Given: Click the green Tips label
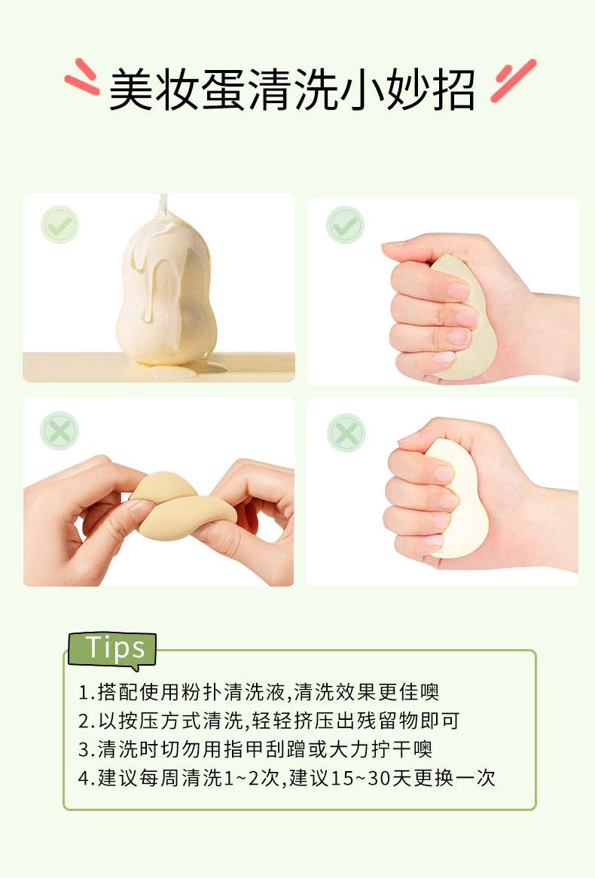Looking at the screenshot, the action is coord(112,650).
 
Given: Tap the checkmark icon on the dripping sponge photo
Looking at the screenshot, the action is coord(59,224).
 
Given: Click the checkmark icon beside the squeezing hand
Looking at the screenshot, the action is coord(344,224).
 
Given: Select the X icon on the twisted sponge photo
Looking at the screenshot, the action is coord(59,431).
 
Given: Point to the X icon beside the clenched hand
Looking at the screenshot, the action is coord(346,433).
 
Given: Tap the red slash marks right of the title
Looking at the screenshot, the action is coord(513,81).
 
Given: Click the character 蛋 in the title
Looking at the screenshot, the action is coord(222,90).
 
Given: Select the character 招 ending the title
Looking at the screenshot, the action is coord(454,90).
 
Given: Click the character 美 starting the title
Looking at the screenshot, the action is coord(131,90).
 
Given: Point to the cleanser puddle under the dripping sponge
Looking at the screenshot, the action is coord(185,369).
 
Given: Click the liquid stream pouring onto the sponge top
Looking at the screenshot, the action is coord(163,205).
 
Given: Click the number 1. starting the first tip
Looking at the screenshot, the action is coord(86,694).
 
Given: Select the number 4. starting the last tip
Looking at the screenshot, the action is coord(87,779).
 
